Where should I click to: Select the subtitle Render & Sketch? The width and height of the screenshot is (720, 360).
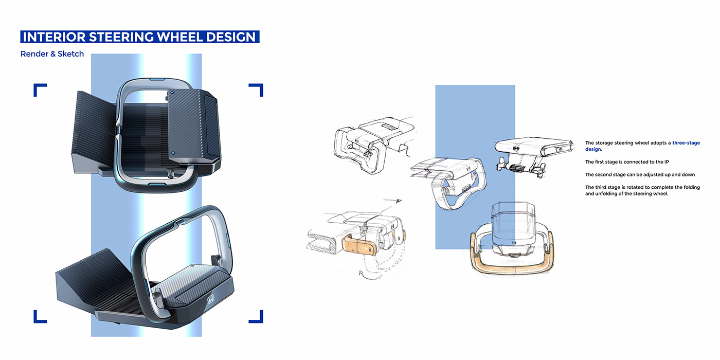[x=52, y=53]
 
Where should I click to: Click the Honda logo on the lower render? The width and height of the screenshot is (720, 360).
[x=210, y=299]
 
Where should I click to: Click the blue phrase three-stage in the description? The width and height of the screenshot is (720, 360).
[x=686, y=143]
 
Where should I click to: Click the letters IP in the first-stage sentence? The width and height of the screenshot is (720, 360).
[x=667, y=161]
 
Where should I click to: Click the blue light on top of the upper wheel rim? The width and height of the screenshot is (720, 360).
[x=157, y=79]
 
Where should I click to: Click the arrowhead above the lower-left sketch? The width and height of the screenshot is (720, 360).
[x=399, y=201]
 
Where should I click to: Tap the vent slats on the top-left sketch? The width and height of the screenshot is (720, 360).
[x=389, y=127]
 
